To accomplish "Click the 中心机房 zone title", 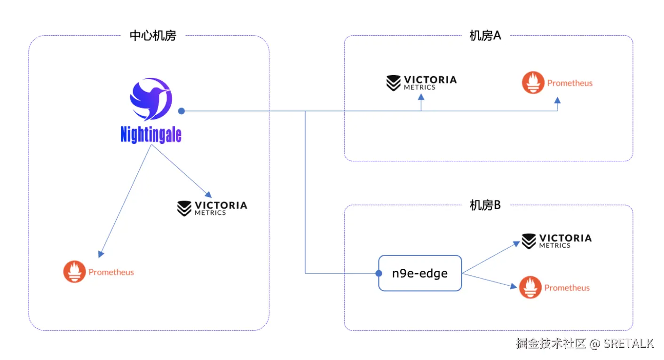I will coord(152,36).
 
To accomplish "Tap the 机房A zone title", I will coord(485,36).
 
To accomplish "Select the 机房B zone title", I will coord(485,205).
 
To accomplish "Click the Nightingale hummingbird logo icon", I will coord(150,99).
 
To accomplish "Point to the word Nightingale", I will coord(150,135).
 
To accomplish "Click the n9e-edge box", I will coord(420,273).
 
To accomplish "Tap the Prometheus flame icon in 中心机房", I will coord(74,272).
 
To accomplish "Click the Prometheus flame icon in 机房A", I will coord(533,83).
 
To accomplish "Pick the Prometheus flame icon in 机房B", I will coord(530,288).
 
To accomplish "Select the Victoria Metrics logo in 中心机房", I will coord(212,208).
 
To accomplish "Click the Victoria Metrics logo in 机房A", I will coord(421,82).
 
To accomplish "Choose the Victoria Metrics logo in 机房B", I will coord(556,241).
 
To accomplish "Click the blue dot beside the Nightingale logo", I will coord(182,111).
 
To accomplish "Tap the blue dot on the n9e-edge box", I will coord(379,273).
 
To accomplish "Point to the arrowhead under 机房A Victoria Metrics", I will coord(421,96).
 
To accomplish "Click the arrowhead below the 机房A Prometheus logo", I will coord(557,100).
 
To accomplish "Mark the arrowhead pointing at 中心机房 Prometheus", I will coord(101,254).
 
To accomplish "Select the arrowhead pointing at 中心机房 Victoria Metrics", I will coord(207,194).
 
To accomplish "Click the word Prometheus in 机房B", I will coord(567,288).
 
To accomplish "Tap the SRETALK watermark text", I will coord(629,344).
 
